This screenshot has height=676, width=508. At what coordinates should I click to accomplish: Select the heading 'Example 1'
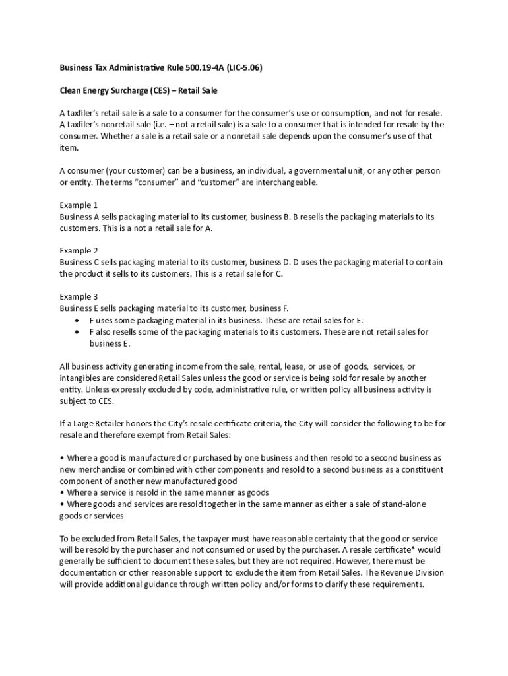pos(79,205)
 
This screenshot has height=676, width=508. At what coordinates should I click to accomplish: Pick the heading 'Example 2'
pos(79,251)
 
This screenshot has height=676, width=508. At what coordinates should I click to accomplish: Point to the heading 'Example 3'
pos(79,297)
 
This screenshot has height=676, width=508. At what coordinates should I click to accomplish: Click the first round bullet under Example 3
pos(78,320)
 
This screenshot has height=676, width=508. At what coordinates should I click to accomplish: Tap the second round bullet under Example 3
pos(78,332)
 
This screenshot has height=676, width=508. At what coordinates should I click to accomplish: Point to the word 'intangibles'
pos(80,378)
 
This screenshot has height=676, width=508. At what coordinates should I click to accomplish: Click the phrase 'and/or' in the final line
pos(292,584)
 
